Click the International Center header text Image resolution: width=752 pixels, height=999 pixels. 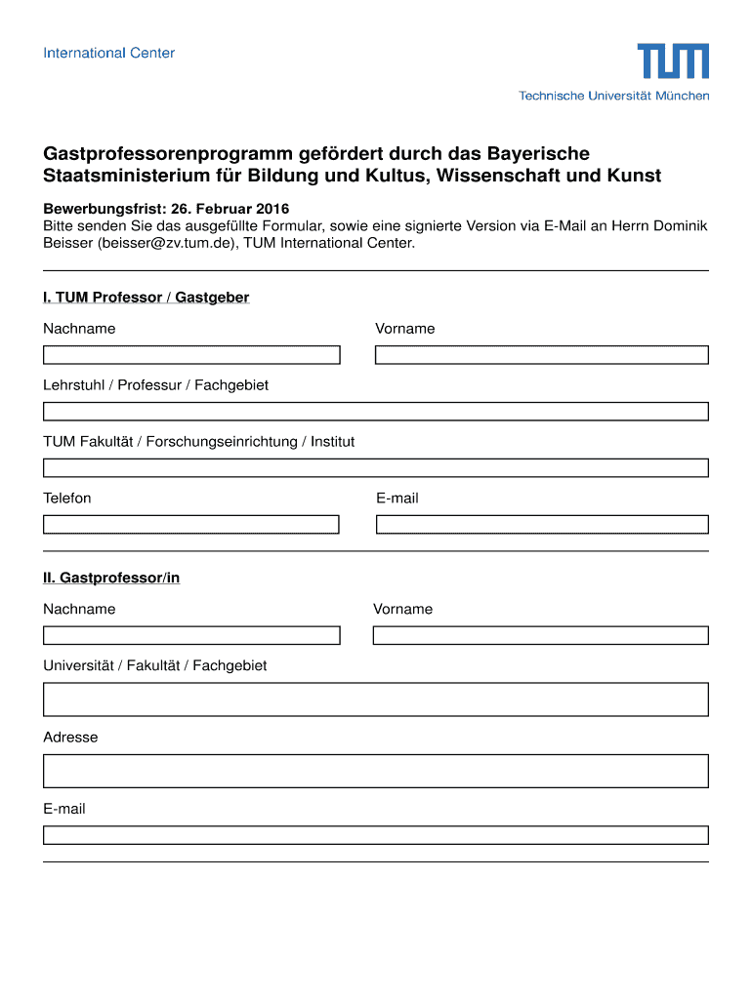(108, 53)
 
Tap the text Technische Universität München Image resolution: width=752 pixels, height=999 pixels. (613, 96)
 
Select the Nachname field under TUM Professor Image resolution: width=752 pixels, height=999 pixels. (191, 355)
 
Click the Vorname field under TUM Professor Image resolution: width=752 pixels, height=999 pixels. (541, 355)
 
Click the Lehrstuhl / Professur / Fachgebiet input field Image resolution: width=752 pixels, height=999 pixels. (375, 412)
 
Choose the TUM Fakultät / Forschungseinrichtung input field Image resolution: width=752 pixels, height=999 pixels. (375, 468)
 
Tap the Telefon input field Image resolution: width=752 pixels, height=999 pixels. (191, 525)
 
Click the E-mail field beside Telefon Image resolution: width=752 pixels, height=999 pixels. (541, 525)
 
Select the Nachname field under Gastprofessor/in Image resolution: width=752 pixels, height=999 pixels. (191, 636)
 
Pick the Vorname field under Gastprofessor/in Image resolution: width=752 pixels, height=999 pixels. (540, 636)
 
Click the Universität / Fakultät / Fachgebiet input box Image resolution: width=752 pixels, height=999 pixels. (375, 699)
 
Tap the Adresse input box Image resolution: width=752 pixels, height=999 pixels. (375, 771)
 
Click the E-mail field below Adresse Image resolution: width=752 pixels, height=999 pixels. (375, 835)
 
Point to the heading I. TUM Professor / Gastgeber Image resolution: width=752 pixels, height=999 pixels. (146, 298)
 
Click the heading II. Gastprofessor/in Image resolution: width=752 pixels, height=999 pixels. (111, 578)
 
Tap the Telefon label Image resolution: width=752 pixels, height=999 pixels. (67, 499)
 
